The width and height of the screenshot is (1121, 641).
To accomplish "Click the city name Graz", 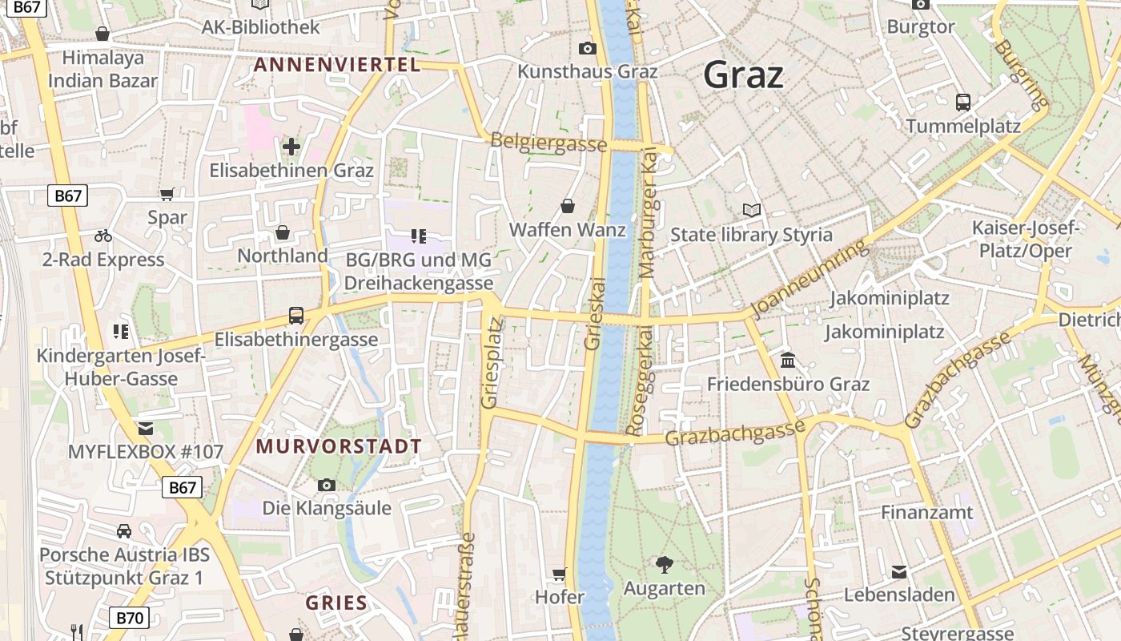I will (x=743, y=75).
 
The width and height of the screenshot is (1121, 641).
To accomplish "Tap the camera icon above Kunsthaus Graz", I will (x=587, y=48).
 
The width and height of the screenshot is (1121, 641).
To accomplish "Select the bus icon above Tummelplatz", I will (x=962, y=103).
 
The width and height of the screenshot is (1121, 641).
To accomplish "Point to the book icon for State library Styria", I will (x=751, y=211).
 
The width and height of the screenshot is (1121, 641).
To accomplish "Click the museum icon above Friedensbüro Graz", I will (x=787, y=360).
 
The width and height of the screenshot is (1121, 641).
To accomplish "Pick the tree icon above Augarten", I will (x=664, y=565).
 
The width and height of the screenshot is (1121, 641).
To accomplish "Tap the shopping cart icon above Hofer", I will (x=559, y=574).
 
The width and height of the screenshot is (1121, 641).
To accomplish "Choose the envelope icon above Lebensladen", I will (x=899, y=571).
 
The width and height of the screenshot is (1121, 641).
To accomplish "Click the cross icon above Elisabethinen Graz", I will (x=291, y=147).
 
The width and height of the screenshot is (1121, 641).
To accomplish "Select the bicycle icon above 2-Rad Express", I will (x=103, y=236).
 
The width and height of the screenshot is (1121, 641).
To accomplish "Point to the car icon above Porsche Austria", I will (x=124, y=530).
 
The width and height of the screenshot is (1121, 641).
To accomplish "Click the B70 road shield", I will (x=129, y=618).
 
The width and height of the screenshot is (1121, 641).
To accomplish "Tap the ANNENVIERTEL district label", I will (x=336, y=65).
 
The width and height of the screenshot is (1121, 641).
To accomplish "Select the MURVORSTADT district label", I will (x=339, y=447).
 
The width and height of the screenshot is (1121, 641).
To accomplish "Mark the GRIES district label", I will (x=336, y=603).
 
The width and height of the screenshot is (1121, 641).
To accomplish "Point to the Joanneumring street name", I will (x=810, y=280).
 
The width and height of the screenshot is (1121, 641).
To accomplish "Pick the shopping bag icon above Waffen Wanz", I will (x=568, y=206).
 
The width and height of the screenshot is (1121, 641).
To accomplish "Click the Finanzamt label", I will (x=926, y=512).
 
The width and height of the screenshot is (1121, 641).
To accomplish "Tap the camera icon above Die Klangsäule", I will (x=326, y=485).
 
